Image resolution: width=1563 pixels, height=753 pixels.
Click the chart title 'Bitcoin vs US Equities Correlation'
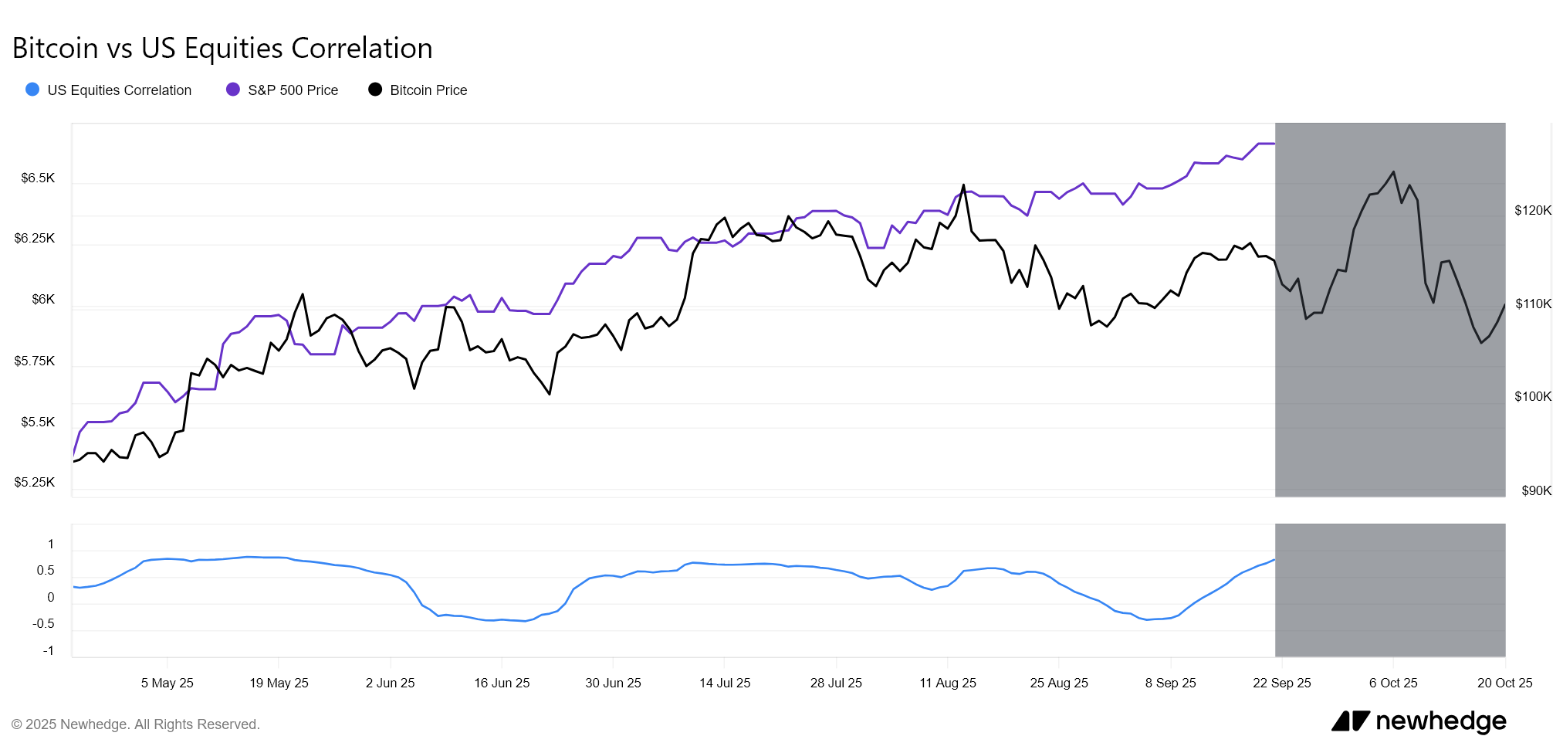click(x=222, y=48)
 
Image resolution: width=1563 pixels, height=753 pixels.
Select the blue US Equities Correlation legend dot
click(x=32, y=90)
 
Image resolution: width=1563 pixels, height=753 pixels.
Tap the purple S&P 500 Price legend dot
click(x=232, y=90)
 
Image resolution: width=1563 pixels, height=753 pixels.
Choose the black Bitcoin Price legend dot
click(x=375, y=90)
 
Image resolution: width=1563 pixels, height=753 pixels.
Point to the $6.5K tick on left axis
click(x=38, y=178)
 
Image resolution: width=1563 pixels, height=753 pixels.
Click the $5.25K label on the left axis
click(x=35, y=483)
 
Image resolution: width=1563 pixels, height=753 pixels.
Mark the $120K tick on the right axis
click(x=1532, y=210)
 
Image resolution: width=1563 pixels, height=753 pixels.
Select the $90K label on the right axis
click(x=1536, y=490)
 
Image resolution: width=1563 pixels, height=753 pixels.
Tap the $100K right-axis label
click(x=1532, y=397)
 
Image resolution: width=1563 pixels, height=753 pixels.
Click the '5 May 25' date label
click(x=167, y=683)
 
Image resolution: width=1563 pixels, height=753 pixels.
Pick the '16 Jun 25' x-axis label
click(x=502, y=683)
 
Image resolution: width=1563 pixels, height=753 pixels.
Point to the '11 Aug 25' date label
click(x=947, y=683)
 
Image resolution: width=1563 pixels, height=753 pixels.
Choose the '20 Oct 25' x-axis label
click(x=1504, y=683)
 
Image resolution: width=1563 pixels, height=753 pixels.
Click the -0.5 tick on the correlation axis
click(x=43, y=624)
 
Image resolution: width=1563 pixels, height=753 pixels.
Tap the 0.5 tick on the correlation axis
click(x=46, y=571)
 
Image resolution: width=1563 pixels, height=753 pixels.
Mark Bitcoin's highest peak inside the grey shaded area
click(x=1393, y=171)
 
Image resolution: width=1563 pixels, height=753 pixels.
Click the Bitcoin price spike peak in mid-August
click(x=963, y=185)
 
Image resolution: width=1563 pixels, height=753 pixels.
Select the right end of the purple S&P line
click(x=1274, y=144)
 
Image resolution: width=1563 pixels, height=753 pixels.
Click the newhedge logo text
click(x=1440, y=721)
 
